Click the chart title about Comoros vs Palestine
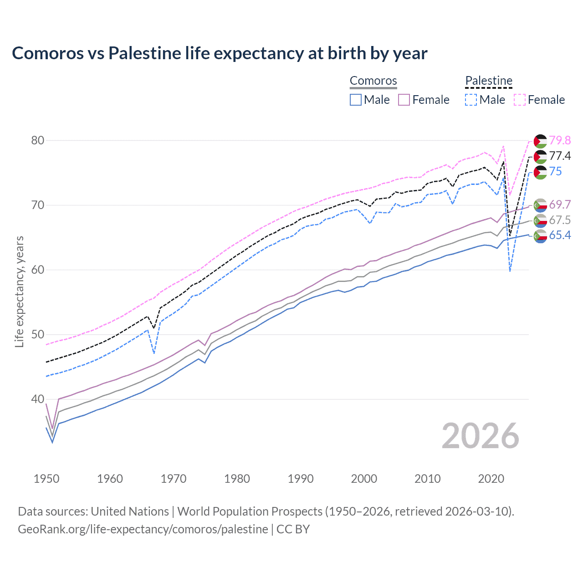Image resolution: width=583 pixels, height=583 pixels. (220, 53)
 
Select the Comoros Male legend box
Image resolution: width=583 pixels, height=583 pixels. (356, 100)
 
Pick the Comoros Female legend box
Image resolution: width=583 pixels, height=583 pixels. (404, 100)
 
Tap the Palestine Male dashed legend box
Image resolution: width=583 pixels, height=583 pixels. (471, 100)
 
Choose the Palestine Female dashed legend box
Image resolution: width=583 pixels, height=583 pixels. (520, 100)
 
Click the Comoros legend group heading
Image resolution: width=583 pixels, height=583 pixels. (373, 81)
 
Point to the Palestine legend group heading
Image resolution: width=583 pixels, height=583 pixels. (489, 81)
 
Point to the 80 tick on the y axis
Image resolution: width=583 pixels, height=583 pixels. (38, 140)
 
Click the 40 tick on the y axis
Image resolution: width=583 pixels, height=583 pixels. (38, 399)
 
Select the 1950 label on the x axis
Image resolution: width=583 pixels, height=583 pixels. (46, 479)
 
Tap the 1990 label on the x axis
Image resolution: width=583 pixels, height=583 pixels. (301, 479)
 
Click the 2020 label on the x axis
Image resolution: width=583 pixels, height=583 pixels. (491, 479)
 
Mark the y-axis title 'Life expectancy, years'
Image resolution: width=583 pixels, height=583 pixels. (20, 291)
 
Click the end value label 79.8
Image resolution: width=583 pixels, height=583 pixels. (560, 140)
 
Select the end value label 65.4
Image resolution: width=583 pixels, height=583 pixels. (560, 235)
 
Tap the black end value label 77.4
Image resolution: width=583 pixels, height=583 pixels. (560, 156)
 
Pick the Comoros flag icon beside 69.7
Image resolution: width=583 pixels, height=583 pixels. (540, 205)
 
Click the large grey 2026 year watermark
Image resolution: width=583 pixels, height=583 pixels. (481, 436)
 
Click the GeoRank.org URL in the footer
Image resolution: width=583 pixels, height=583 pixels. (143, 529)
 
